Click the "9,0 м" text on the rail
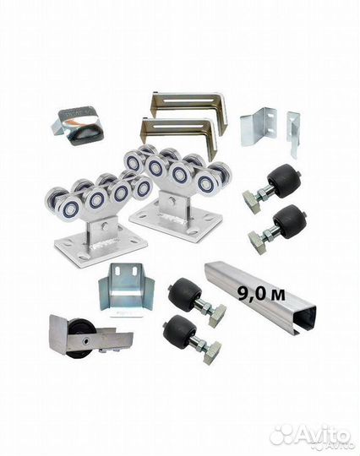pos(261,294)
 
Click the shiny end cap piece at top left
pos(76,125)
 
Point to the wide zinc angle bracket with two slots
pos(259,127)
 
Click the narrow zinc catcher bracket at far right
pos(293,133)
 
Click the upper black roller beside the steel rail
pos(185,295)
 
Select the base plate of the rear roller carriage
pos(177,221)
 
